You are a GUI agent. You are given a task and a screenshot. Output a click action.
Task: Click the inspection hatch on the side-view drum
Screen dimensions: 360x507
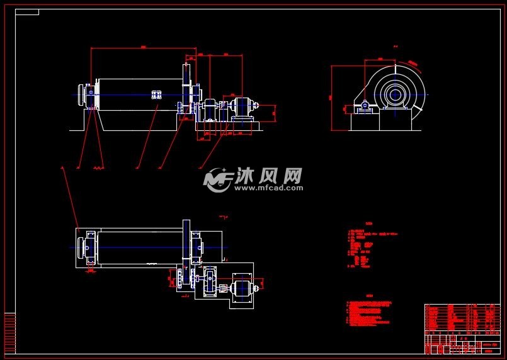click(157, 94)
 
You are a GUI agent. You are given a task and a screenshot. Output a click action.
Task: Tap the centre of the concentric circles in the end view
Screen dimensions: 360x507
click(396, 95)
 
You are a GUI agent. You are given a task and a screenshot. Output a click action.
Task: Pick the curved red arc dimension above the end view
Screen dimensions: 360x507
click(413, 63)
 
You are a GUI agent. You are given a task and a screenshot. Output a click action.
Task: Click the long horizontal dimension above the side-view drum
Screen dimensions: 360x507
click(144, 48)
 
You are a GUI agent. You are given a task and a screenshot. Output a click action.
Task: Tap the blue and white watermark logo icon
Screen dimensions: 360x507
click(217, 180)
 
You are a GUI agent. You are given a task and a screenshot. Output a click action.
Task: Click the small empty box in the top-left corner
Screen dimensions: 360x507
click(26, 12)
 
